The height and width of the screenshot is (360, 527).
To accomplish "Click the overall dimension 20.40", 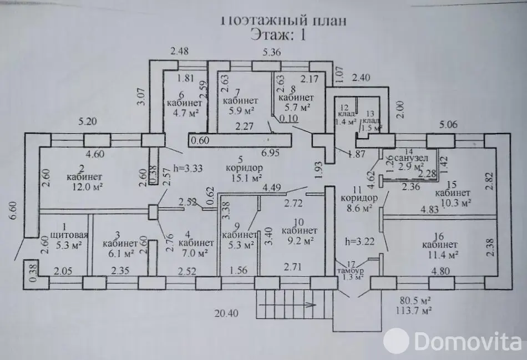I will pyautogui.click(x=226, y=313).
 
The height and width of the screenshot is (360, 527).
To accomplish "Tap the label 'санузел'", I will pyautogui.click(x=409, y=158).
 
